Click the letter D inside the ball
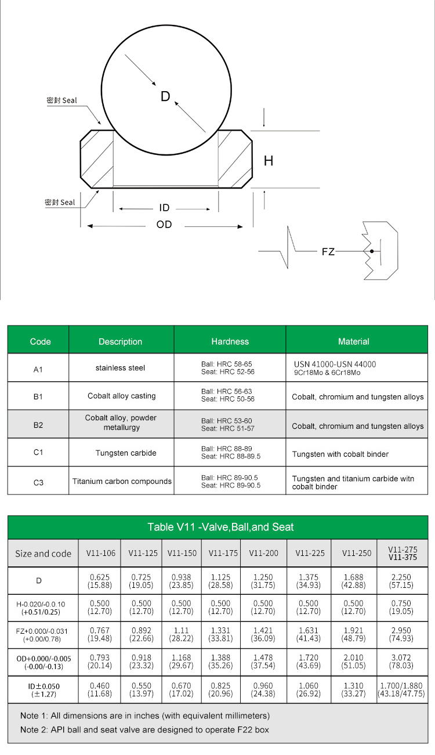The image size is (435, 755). [165, 96]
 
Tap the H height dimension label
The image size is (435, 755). [269, 161]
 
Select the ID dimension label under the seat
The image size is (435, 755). [164, 208]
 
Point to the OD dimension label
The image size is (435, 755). [164, 225]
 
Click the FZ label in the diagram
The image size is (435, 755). [328, 252]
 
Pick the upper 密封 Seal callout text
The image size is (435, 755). [61, 100]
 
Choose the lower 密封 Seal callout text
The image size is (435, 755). [60, 203]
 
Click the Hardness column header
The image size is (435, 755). [230, 341]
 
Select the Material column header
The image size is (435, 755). [353, 341]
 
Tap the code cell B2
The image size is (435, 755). [38, 425]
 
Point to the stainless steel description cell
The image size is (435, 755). [121, 367]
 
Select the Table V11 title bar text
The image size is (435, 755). [220, 527]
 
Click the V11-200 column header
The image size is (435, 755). [264, 553]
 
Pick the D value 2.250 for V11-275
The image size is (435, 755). [401, 577]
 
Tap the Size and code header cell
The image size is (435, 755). [43, 554]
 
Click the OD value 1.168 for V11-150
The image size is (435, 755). [182, 658]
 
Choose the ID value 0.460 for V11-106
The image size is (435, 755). [101, 686]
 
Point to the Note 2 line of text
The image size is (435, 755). [144, 729]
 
